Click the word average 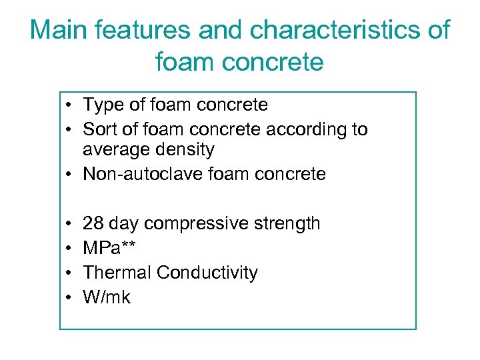[119, 150]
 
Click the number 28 [93, 223]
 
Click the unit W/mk [107, 297]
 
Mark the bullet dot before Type [69, 105]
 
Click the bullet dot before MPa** [69, 249]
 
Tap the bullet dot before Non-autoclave [69, 175]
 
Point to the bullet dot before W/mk [69, 298]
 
